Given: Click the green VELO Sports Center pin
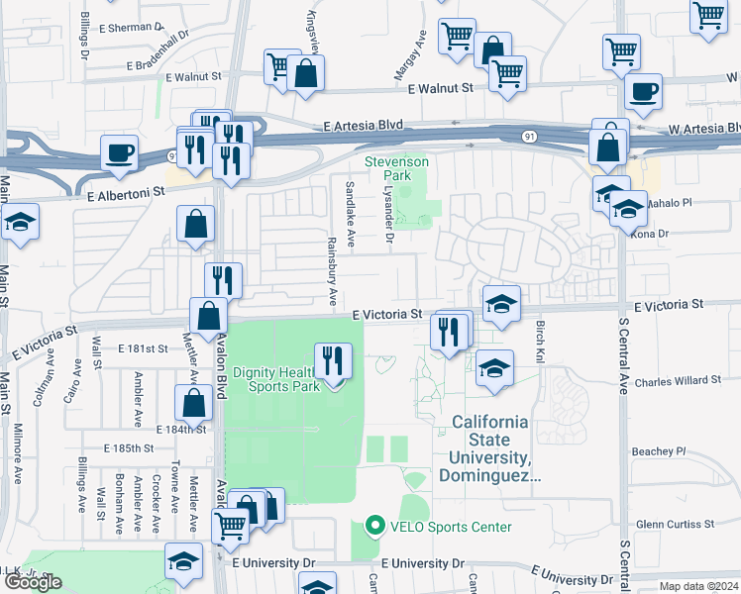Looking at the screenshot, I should tap(373, 527).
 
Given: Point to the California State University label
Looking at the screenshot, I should tap(495, 448).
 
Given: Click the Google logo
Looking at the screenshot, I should tap(33, 582).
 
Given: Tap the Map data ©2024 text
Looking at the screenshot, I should tap(698, 586).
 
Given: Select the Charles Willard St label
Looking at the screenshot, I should tap(678, 380).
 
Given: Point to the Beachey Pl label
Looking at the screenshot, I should tap(659, 451).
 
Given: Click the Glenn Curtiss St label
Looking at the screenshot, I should tap(677, 524).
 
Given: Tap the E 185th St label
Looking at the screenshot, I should tap(134, 448).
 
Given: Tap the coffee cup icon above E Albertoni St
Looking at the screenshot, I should tap(119, 152).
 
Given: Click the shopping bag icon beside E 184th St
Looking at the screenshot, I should tap(193, 402).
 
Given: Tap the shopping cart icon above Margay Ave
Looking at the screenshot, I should tap(457, 37).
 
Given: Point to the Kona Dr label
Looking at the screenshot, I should tap(651, 234).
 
